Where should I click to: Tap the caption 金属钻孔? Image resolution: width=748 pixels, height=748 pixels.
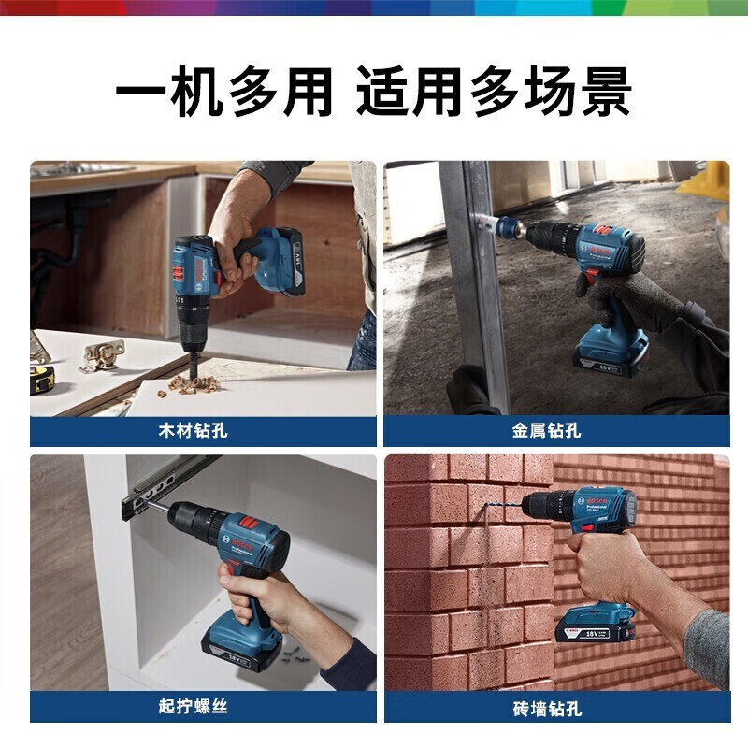[547, 431]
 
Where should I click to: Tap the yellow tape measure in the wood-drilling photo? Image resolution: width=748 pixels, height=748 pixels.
[42, 378]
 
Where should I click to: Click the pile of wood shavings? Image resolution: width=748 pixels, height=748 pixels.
[193, 383]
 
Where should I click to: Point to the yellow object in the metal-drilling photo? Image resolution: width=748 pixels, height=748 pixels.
[708, 180]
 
